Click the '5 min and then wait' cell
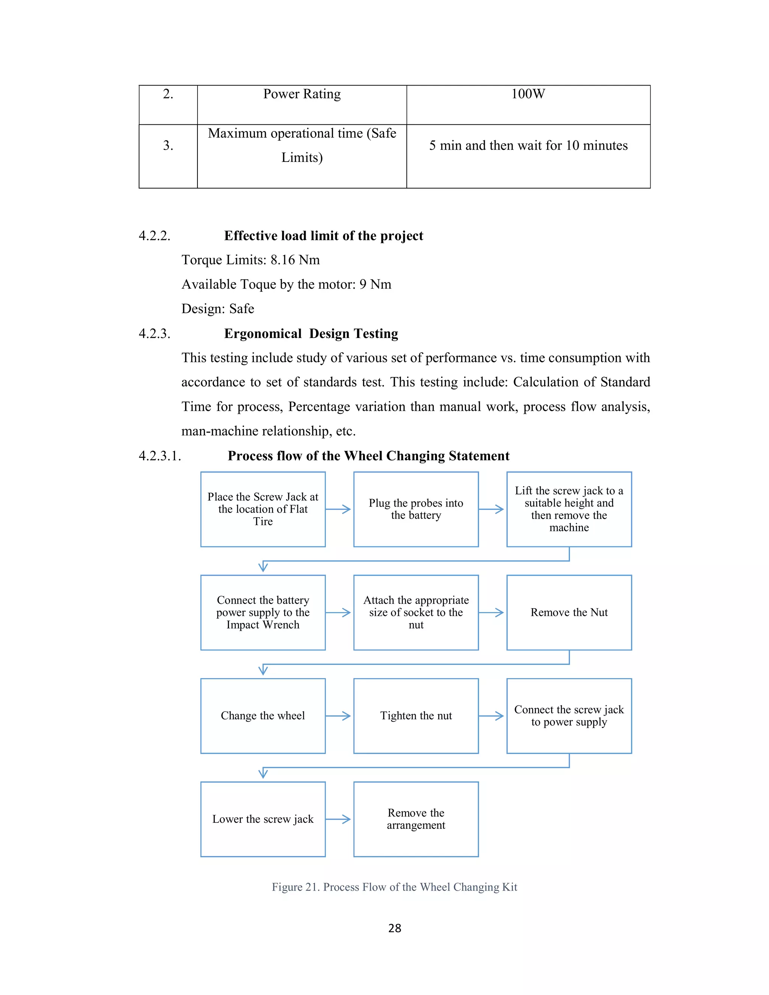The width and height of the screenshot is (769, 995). pyautogui.click(x=528, y=146)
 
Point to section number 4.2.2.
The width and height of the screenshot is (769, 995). pyautogui.click(x=154, y=236)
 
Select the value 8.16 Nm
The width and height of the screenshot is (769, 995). pyautogui.click(x=295, y=260)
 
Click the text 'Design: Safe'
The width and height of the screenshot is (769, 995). pyautogui.click(x=218, y=309)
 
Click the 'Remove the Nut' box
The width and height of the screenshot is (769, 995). pyautogui.click(x=568, y=612)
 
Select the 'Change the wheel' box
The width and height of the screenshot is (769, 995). pyautogui.click(x=263, y=716)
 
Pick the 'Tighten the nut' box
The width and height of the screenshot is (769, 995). pyautogui.click(x=416, y=716)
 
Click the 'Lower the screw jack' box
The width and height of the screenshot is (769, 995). pyautogui.click(x=263, y=819)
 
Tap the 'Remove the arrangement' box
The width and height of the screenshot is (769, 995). pyautogui.click(x=416, y=819)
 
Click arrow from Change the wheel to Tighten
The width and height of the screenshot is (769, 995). pyautogui.click(x=338, y=716)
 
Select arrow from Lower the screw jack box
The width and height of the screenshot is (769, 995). pyautogui.click(x=338, y=820)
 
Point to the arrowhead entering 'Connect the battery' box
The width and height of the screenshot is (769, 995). pyautogui.click(x=263, y=567)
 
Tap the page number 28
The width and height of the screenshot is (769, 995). pyautogui.click(x=395, y=928)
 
